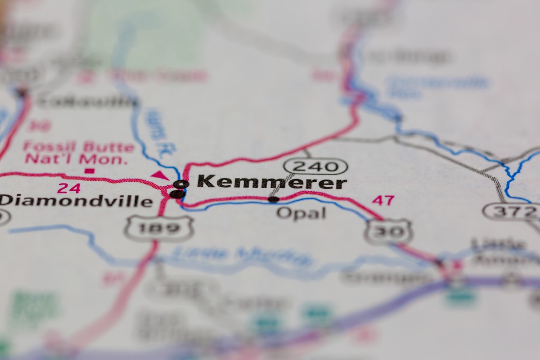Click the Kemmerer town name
(x=272, y=182)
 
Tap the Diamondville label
(x=76, y=201)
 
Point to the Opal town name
(x=301, y=213)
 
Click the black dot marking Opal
(x=273, y=199)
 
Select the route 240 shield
(x=315, y=166)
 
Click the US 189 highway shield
(x=159, y=228)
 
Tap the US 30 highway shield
(x=388, y=231)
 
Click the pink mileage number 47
(x=383, y=200)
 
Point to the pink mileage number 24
(x=69, y=188)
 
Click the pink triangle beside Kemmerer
(x=159, y=175)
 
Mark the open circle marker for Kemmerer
(x=181, y=184)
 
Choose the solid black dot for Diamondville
(x=177, y=194)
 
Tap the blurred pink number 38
(x=39, y=126)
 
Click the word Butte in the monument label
(x=108, y=147)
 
